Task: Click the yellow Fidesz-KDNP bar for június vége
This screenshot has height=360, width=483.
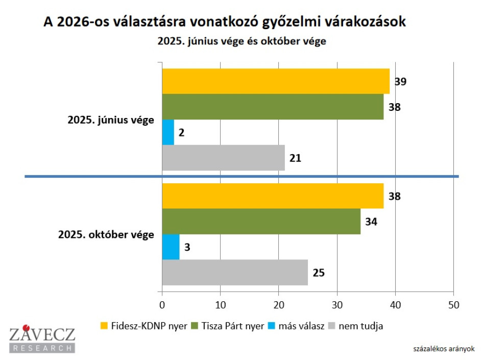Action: [276, 81]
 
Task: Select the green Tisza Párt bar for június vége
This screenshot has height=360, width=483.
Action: [273, 107]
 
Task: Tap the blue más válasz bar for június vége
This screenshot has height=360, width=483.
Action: [168, 132]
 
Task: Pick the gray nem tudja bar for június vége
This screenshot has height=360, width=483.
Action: [223, 158]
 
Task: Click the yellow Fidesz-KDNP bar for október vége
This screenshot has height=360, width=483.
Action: [273, 196]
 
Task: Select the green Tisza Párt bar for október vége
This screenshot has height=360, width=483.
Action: [261, 222]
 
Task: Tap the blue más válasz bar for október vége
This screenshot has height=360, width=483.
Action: [171, 247]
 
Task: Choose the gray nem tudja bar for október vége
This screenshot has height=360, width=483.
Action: [235, 272]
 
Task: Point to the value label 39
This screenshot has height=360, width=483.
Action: [400, 82]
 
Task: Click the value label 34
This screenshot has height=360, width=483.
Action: [371, 222]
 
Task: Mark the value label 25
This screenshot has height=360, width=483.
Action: [319, 273]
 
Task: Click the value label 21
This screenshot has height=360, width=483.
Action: [295, 158]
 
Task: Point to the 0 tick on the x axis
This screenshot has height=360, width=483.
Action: [162, 305]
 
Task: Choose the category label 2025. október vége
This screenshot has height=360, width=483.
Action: [106, 234]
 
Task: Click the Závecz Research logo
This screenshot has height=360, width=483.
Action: [42, 340]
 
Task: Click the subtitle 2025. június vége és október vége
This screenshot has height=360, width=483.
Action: [241, 41]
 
